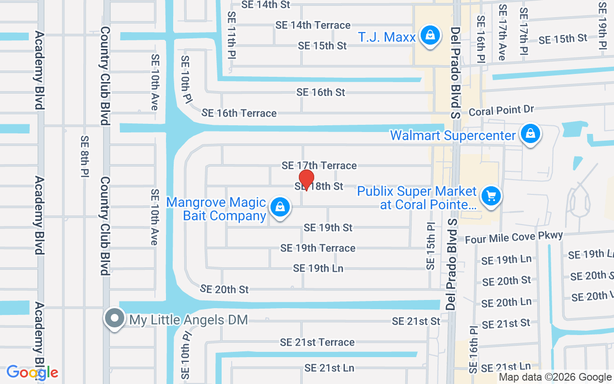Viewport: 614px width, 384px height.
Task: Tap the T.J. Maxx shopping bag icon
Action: (430, 36)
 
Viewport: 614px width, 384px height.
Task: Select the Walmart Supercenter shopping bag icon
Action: (531, 134)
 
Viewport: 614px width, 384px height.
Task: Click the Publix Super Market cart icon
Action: (491, 197)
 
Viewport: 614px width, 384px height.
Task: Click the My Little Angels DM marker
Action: (115, 319)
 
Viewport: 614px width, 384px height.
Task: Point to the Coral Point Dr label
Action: (502, 111)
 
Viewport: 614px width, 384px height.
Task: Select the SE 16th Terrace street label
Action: (239, 113)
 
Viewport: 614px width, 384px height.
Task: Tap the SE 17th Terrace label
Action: (319, 166)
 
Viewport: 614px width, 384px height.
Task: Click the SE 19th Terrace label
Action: (318, 248)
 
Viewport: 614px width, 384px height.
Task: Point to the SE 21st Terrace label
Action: (318, 342)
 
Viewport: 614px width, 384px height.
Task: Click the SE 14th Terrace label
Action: (313, 25)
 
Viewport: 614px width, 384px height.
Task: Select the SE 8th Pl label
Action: (85, 157)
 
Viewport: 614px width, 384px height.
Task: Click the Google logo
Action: (32, 372)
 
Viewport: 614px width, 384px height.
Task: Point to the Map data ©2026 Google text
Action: (555, 377)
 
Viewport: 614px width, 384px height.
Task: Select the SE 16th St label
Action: (320, 92)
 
